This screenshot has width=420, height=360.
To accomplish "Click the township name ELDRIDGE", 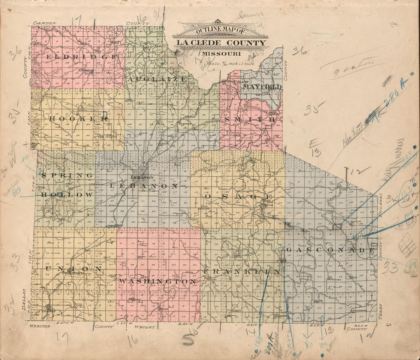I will (x=81, y=57).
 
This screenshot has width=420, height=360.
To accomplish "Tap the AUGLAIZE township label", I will (x=157, y=79).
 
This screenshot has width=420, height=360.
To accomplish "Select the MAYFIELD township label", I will (x=262, y=87).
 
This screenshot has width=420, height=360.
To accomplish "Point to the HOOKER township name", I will (x=79, y=119).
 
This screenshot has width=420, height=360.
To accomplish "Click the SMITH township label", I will (x=250, y=120).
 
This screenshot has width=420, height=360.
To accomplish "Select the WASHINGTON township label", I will (x=157, y=281).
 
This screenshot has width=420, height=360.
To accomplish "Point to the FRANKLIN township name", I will (x=241, y=271).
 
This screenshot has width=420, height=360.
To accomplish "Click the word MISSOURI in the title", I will (x=219, y=54).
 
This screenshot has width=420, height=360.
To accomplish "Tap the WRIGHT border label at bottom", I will (x=145, y=327).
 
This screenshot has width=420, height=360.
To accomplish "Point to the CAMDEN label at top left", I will (x=45, y=23).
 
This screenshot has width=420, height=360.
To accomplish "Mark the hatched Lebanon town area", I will (x=142, y=171).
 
